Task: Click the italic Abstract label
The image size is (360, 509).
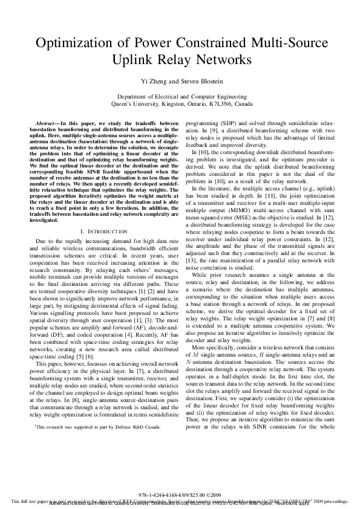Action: [x=47, y=124]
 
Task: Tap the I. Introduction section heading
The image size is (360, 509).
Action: [x=96, y=232]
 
